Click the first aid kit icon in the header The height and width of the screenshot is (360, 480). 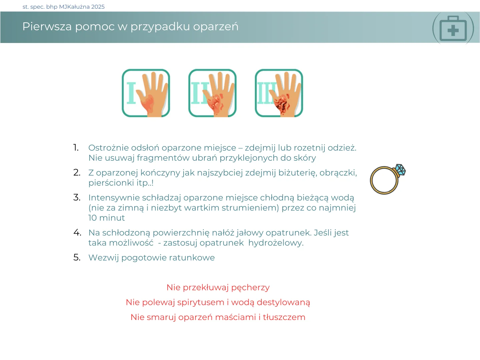click(453, 28)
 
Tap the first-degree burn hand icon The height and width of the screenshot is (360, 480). click(146, 93)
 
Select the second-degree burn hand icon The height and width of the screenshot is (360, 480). click(212, 93)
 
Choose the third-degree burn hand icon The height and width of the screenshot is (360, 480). click(279, 93)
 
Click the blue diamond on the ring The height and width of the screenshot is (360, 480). click(400, 169)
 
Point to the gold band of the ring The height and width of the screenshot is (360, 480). click(371, 180)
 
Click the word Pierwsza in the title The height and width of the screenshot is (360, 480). click(47, 26)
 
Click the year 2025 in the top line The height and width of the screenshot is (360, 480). click(98, 7)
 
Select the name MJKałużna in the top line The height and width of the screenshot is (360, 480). click(74, 7)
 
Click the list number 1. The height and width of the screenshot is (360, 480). click(76, 148)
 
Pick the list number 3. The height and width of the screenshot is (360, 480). click(77, 197)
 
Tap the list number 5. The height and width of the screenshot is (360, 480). click(77, 257)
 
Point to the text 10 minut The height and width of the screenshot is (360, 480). click(106, 218)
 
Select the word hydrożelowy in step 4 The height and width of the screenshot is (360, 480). click(276, 243)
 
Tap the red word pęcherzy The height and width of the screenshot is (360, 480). click(250, 288)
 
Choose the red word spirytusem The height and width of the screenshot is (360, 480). click(201, 303)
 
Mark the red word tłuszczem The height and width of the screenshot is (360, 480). click(284, 317)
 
